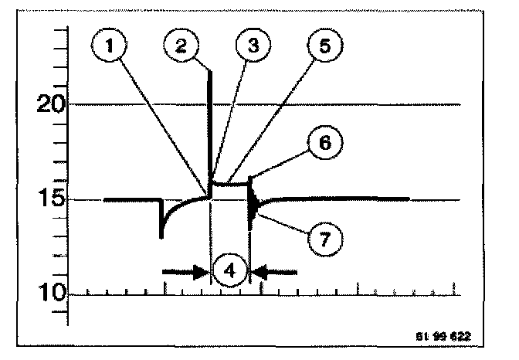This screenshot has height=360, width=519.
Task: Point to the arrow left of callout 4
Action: pyautogui.click(x=185, y=272)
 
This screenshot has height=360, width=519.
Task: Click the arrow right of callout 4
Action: pyautogui.click(x=274, y=272)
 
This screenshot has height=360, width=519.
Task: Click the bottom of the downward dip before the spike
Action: pyautogui.click(x=161, y=234)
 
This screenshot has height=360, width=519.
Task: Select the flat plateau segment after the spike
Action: pyautogui.click(x=230, y=184)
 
